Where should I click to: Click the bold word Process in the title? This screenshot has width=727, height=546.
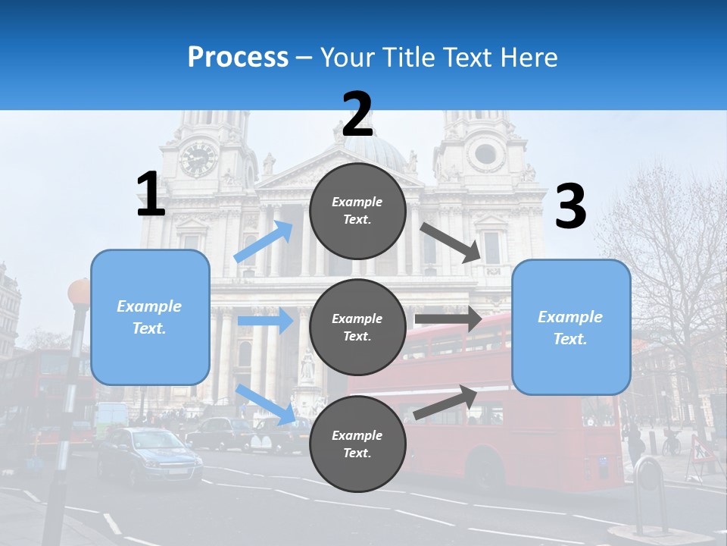pyautogui.click(x=238, y=58)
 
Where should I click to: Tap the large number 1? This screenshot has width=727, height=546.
pyautogui.click(x=151, y=194)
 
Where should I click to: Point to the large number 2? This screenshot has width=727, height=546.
pyautogui.click(x=357, y=115)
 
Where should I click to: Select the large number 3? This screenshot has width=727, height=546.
pyautogui.click(x=571, y=206)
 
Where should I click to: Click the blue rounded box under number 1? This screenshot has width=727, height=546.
pyautogui.click(x=150, y=317)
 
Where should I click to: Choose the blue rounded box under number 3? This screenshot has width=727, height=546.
pyautogui.click(x=571, y=327)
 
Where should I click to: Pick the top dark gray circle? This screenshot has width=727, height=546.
pyautogui.click(x=357, y=211)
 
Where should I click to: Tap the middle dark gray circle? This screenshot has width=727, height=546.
pyautogui.click(x=357, y=327)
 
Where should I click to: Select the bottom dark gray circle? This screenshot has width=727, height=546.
pyautogui.click(x=357, y=444)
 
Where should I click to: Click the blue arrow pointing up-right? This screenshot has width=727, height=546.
pyautogui.click(x=264, y=241)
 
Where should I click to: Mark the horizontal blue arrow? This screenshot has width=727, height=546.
pyautogui.click(x=265, y=321)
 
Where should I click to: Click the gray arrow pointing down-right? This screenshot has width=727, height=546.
pyautogui.click(x=451, y=242)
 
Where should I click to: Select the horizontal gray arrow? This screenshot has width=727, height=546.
pyautogui.click(x=448, y=319)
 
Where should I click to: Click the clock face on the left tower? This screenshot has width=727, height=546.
pyautogui.click(x=198, y=158)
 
